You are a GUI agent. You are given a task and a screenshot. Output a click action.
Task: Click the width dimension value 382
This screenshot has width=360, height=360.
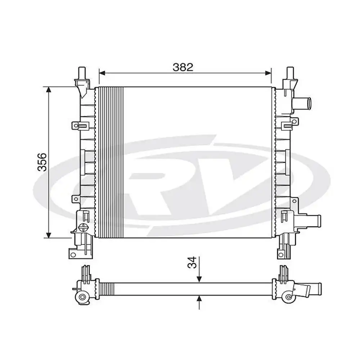point(183,67)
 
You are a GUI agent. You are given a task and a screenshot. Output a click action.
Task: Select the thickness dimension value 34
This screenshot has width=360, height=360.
point(193,262)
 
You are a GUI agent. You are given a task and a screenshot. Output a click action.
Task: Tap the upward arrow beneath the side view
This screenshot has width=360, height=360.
point(199,298)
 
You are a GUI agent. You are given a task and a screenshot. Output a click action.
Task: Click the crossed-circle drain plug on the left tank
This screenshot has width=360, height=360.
point(83,227)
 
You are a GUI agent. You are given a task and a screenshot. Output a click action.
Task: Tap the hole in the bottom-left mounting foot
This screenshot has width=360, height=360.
point(73,255)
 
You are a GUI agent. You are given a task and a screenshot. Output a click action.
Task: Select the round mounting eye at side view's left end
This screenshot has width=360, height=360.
point(82,297)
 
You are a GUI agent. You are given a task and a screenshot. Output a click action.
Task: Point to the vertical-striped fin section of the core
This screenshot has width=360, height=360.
point(111,162)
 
